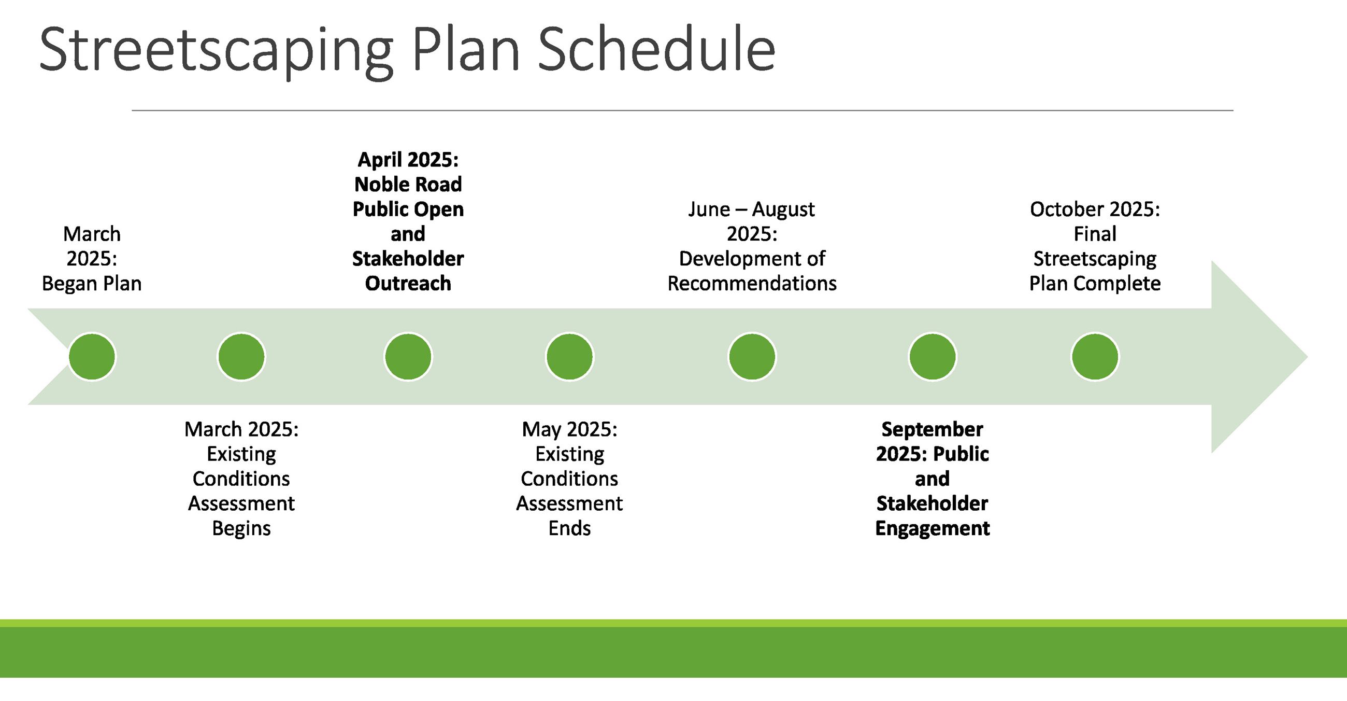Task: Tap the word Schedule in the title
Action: [656, 50]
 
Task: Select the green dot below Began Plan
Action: [92, 357]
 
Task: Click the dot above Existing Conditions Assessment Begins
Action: [241, 357]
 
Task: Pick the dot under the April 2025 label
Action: [408, 357]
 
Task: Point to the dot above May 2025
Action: [569, 357]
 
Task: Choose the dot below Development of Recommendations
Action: [752, 357]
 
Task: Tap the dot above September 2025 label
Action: [933, 357]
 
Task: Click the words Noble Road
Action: [408, 184]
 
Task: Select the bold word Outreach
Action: [408, 284]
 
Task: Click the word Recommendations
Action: [752, 284]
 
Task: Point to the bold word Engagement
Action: [933, 528]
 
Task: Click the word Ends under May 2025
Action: [569, 528]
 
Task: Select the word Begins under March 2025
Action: [241, 528]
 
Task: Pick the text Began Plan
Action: [92, 284]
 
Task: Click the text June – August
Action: [751, 209]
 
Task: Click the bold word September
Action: [933, 429]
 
